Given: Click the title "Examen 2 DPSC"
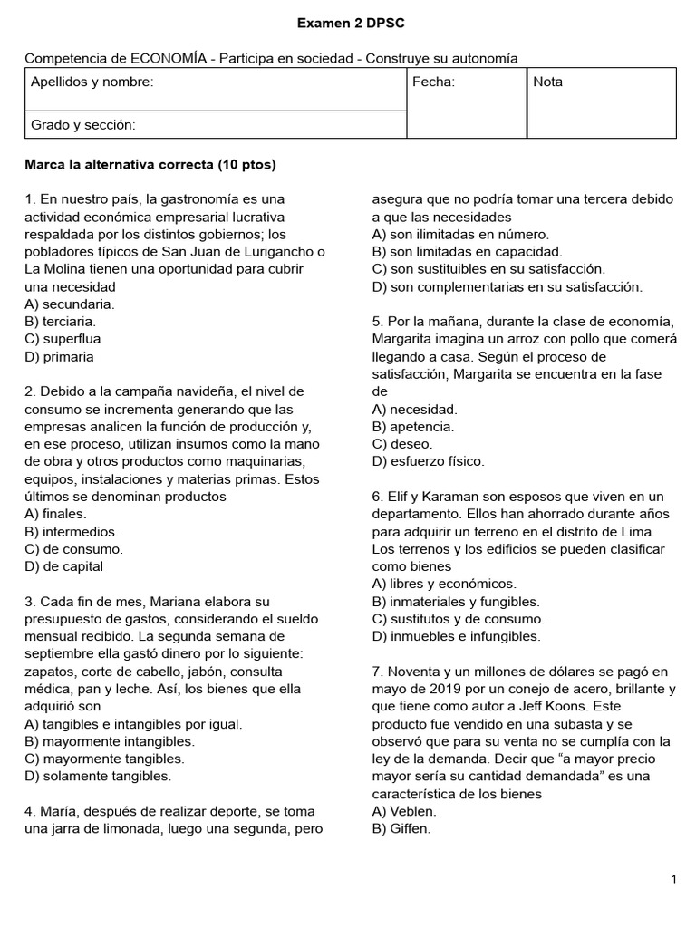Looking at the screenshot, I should click(348, 22).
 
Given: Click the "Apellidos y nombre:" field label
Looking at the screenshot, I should click(92, 82).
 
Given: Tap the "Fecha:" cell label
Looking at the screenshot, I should click(433, 82).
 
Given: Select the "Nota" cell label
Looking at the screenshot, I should click(547, 82).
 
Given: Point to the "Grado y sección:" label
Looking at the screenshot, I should click(83, 124).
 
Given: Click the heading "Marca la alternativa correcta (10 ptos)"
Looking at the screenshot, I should click(150, 165).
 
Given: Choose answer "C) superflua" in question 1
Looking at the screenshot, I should click(63, 339).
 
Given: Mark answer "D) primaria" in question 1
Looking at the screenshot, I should click(59, 356).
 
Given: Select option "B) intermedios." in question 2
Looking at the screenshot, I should click(72, 531).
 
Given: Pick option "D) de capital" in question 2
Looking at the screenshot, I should click(64, 566).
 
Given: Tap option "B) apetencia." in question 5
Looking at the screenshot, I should click(413, 426).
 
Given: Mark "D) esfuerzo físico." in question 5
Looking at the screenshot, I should click(429, 461).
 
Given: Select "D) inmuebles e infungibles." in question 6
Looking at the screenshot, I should click(456, 636).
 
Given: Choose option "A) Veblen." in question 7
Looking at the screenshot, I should click(404, 811).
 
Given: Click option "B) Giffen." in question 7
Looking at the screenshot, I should click(401, 828).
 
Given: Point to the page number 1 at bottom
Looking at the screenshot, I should click(674, 879).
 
